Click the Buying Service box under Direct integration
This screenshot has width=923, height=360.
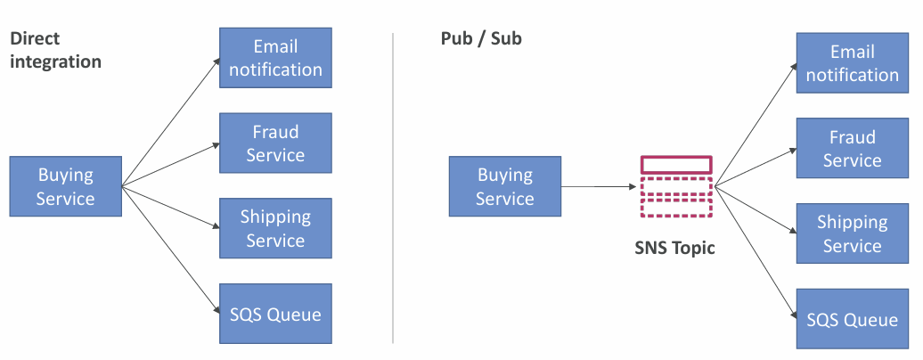tap(65, 186)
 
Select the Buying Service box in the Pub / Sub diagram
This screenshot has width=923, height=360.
tap(505, 186)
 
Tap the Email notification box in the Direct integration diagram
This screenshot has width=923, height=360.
tap(275, 58)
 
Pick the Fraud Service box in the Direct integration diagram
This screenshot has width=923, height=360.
tap(275, 143)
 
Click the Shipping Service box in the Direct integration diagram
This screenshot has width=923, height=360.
tap(275, 228)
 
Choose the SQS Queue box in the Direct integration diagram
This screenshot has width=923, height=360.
tap(275, 314)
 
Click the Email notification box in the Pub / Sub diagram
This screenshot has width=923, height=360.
tap(853, 63)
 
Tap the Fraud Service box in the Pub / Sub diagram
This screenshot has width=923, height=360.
tap(853, 148)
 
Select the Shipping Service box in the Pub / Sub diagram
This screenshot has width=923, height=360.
tap(853, 233)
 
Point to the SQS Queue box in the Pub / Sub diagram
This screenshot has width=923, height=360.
tap(853, 319)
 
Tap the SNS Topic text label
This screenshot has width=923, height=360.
tap(674, 248)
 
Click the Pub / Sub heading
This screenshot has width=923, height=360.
tap(481, 38)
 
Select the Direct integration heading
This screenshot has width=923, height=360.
tap(55, 50)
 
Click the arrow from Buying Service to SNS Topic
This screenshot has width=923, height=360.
tap(599, 187)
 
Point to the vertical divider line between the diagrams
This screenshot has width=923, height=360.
tap(393, 188)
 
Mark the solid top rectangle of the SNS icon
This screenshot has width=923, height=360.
tap(676, 164)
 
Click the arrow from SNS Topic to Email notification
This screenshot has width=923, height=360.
tap(756, 126)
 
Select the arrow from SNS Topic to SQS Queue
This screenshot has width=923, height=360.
tap(756, 251)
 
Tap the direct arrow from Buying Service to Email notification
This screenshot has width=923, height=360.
tap(171, 122)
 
